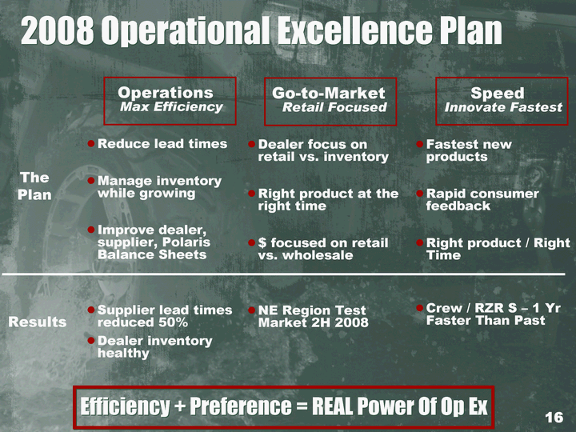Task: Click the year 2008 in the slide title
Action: [x=57, y=31]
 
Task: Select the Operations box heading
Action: [x=166, y=93]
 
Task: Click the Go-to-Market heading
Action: [x=329, y=93]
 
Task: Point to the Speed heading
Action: [x=498, y=93]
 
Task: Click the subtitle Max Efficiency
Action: [x=171, y=107]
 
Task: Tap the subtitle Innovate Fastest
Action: [x=503, y=107]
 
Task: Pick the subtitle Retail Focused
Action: [x=334, y=107]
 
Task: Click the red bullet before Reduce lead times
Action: [x=91, y=144]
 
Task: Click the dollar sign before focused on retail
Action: [x=262, y=243]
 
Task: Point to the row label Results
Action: [x=38, y=322]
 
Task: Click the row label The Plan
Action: [x=34, y=186]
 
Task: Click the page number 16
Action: [x=554, y=418]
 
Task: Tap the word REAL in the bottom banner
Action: [x=333, y=406]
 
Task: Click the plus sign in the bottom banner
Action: [x=179, y=407]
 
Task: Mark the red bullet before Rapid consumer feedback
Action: [x=420, y=194]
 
